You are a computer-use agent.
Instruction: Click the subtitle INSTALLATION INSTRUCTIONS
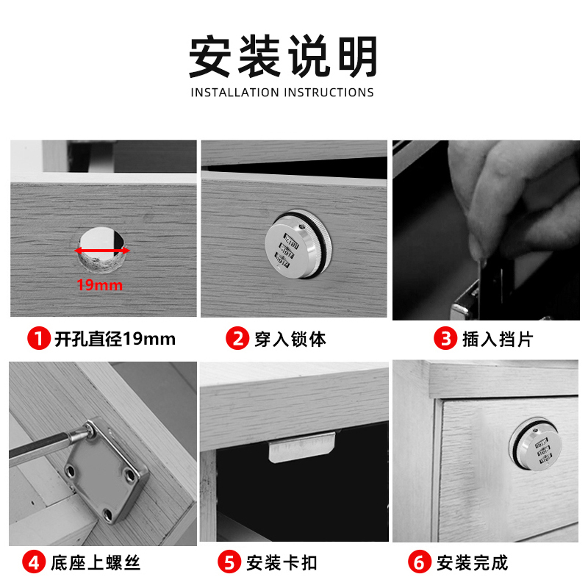tap(282, 93)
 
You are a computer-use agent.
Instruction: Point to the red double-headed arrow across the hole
tap(102, 251)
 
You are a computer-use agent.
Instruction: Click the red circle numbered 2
tap(237, 339)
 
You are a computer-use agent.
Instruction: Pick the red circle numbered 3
tap(445, 339)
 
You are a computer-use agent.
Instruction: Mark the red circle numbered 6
tap(420, 564)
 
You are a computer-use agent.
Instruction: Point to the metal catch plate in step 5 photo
tap(301, 448)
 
